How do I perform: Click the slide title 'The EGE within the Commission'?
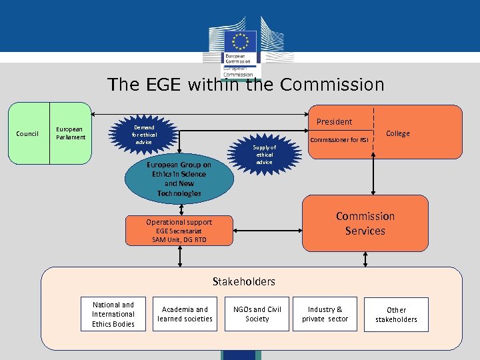click(x=246, y=85)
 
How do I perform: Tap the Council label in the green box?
click(x=27, y=133)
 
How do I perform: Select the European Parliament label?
click(x=70, y=133)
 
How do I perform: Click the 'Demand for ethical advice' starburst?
click(x=144, y=135)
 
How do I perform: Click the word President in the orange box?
click(x=334, y=121)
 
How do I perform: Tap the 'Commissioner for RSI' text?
click(x=339, y=140)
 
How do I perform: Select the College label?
click(x=398, y=133)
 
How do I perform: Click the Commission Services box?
click(x=365, y=223)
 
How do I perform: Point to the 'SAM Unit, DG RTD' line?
click(x=179, y=239)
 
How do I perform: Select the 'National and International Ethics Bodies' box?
click(x=113, y=314)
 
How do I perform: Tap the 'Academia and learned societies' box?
click(x=185, y=314)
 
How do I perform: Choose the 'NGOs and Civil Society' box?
click(x=257, y=314)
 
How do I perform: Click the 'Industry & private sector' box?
click(x=325, y=314)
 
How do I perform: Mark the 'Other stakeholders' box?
click(x=396, y=315)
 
